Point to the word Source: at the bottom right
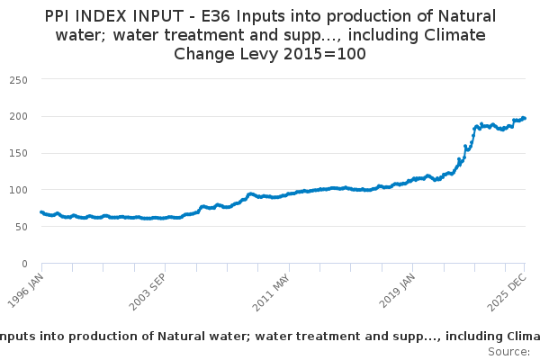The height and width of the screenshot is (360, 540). click(508, 351)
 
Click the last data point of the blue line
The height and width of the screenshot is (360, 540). click(525, 118)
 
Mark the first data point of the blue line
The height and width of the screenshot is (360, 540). click(41, 212)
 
